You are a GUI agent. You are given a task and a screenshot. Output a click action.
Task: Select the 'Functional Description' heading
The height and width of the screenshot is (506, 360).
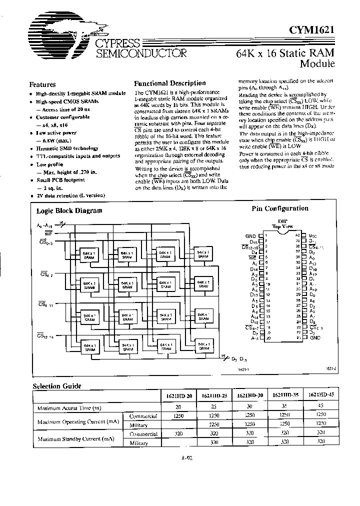[x=170, y=83]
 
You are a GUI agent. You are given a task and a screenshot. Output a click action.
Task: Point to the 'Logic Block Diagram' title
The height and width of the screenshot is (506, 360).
[x=69, y=211]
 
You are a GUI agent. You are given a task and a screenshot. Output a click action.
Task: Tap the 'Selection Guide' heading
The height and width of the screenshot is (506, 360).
[x=56, y=386]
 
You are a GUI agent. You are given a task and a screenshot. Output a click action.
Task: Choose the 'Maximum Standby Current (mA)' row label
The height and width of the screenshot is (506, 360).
[x=72, y=438]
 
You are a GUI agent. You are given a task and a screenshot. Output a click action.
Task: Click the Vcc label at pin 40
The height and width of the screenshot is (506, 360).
[x=313, y=235]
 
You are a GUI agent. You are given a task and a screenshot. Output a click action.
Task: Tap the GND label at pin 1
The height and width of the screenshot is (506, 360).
[x=250, y=235]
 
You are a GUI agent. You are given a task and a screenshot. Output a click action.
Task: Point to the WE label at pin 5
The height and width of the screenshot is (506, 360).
[x=253, y=257]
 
